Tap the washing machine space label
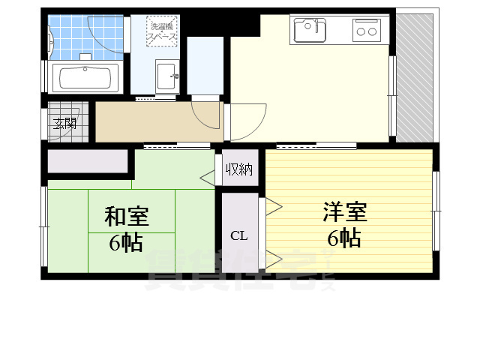pyautogui.click(x=161, y=30)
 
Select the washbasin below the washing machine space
pyautogui.click(x=166, y=75)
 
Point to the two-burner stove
pyautogui.click(x=366, y=31)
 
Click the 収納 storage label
pyautogui.click(x=238, y=169)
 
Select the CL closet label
pyautogui.click(x=238, y=236)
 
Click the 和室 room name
pyautogui.click(x=126, y=217)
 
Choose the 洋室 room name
pyautogui.click(x=345, y=212)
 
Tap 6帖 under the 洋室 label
pyautogui.click(x=344, y=238)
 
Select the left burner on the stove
pyautogui.click(x=360, y=31)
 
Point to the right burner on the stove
pyautogui.click(x=372, y=31)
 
